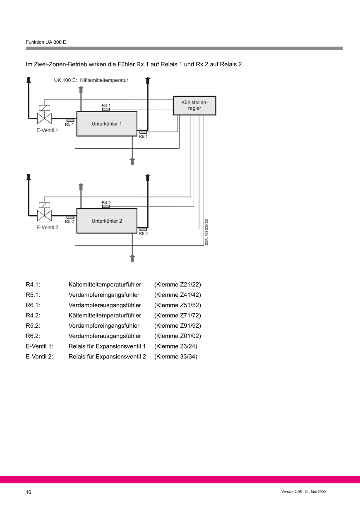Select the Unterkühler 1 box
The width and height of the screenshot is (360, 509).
(x=107, y=124)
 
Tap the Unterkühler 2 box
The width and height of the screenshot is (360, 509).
(x=107, y=221)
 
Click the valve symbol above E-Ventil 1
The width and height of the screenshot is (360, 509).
(x=44, y=118)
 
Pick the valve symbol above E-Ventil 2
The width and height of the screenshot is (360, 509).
(x=44, y=215)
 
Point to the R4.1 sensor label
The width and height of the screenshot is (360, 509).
(x=106, y=106)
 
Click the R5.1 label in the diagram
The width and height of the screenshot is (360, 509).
(x=69, y=124)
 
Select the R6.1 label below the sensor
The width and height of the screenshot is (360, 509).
(x=143, y=136)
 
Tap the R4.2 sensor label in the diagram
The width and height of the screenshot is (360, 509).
(x=106, y=203)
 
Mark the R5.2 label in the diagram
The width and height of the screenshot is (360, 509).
(x=69, y=221)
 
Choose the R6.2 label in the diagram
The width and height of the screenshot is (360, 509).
(x=143, y=233)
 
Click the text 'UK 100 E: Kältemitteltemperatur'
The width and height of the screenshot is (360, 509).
(x=91, y=80)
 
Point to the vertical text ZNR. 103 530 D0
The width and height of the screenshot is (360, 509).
(x=206, y=232)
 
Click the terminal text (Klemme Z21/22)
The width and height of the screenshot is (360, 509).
(x=178, y=285)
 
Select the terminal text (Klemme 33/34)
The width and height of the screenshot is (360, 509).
(x=175, y=356)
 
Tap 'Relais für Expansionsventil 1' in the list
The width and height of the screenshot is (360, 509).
(x=107, y=346)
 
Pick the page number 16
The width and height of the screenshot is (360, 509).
(x=29, y=492)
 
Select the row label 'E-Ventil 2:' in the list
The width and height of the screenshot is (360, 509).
(x=39, y=356)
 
